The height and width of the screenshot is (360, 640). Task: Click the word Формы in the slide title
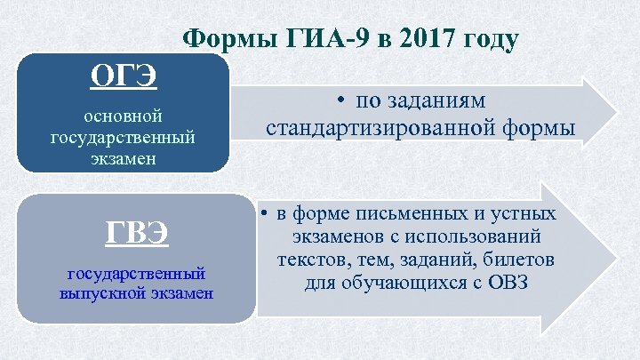coord(228,39)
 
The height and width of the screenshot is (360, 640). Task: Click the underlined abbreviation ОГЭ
coord(124,75)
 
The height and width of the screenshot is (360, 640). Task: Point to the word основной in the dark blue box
coord(122,117)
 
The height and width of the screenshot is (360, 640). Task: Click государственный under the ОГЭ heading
coord(122,138)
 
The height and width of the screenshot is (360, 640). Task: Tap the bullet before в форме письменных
coord(265,215)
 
